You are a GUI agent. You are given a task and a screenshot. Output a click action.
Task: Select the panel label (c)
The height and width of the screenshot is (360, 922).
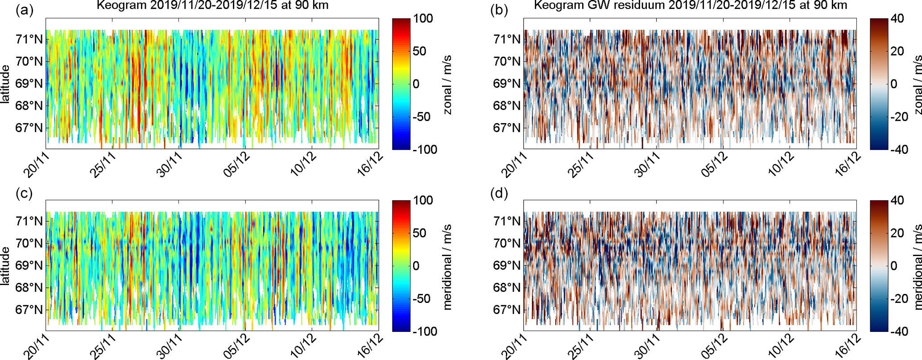[x=25, y=193]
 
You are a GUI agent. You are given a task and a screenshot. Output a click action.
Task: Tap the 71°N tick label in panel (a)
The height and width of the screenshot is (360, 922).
[x=29, y=39]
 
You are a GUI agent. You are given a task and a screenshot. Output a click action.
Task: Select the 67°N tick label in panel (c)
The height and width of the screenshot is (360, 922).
[x=29, y=310]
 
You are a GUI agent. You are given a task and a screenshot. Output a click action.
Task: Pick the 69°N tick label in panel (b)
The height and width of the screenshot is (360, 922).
[x=507, y=84]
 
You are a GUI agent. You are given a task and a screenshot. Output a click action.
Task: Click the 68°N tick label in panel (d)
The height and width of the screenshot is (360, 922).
[x=507, y=288]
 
